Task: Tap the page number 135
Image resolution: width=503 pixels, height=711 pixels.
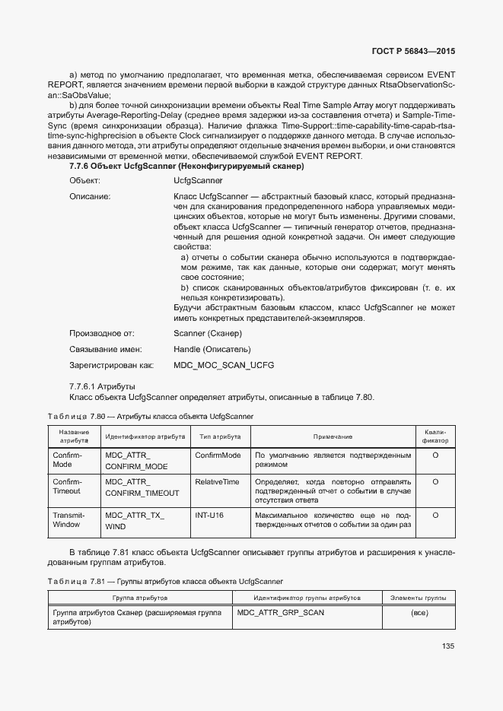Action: tap(447, 646)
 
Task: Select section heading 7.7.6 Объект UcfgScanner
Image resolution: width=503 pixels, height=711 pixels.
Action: tap(186, 166)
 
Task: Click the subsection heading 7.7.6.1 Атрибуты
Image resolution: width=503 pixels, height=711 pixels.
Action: tap(102, 386)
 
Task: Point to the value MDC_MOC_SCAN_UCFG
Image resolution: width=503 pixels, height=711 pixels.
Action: tap(224, 365)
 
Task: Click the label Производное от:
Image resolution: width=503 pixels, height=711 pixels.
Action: tap(102, 333)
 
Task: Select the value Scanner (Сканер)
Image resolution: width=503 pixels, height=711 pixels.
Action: tap(208, 333)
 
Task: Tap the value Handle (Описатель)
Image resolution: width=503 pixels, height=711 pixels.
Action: tap(212, 349)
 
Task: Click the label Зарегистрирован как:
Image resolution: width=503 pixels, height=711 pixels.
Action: tap(111, 365)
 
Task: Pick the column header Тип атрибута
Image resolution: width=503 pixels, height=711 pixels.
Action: tap(220, 436)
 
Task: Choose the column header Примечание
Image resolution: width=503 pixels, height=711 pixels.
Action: tap(333, 436)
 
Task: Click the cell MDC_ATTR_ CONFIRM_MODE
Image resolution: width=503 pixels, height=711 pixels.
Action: tap(136, 460)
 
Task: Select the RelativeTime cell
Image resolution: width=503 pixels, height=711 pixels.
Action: tap(217, 481)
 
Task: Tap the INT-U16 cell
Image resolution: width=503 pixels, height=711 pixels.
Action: tap(209, 515)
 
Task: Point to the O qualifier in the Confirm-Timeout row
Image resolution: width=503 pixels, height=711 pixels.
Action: tap(435, 481)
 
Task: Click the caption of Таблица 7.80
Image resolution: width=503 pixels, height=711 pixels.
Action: tap(149, 416)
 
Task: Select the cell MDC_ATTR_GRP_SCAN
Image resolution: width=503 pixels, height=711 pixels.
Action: tap(281, 611)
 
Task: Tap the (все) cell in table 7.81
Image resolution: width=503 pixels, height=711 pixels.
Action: tap(419, 612)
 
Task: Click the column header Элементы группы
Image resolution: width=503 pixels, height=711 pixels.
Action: tap(419, 598)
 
